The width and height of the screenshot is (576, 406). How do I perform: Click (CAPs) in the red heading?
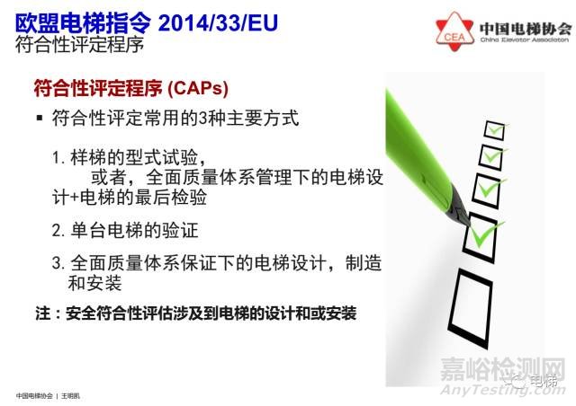pos(197,89)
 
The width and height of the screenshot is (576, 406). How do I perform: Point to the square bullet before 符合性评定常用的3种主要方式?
pos(40,119)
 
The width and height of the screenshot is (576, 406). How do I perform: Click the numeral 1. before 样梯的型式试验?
pos(57,158)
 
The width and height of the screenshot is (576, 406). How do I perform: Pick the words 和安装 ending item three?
pos(94,284)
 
